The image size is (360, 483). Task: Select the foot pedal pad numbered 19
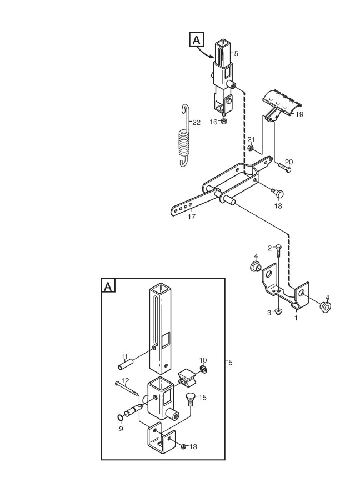[x=282, y=102]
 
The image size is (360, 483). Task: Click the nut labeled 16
[x=223, y=122]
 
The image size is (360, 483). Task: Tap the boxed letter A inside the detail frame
[x=108, y=286]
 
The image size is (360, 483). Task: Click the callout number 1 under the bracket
[x=296, y=319]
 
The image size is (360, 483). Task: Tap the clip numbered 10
[x=203, y=370]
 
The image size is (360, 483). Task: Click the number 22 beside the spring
[x=196, y=122]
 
